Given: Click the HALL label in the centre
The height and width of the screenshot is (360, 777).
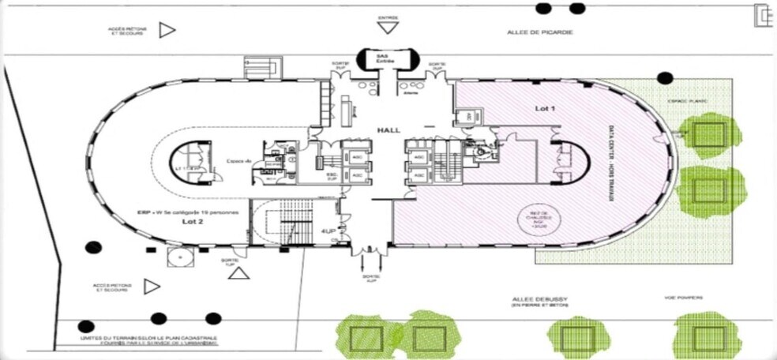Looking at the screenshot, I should click(x=386, y=129).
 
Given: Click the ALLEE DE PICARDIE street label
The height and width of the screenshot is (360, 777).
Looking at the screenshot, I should click(x=539, y=32).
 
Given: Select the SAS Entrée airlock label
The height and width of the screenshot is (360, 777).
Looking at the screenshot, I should click(x=385, y=58).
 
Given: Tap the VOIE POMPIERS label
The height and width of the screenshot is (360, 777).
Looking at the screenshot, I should click(x=683, y=298).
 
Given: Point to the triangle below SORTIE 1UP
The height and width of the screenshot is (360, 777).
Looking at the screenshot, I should click(x=238, y=273).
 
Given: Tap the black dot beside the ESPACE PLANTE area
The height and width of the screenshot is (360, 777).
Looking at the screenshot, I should click(x=666, y=78).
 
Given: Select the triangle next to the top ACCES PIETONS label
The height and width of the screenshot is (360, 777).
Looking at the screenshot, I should click(x=167, y=30).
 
